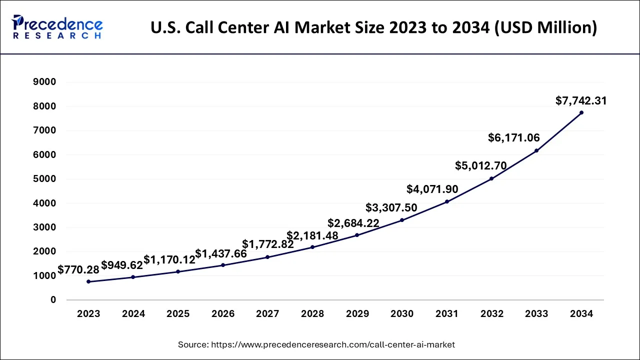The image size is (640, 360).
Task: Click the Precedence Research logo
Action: [57, 27]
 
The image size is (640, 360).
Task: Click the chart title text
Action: [373, 27]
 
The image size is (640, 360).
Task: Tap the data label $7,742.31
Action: [581, 101]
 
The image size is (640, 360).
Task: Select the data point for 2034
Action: [581, 112]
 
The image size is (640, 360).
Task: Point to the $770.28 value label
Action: [78, 270]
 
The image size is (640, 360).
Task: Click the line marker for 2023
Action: [88, 281]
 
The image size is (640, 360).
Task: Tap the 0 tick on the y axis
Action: [53, 300]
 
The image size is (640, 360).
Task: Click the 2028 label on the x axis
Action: [312, 314]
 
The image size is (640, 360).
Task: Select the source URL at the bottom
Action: [316, 344]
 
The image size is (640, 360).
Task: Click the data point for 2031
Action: [447, 201]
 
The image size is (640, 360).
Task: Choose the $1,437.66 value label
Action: [220, 254]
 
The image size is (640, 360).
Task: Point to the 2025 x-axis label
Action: [178, 314]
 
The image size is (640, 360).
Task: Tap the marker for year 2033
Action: [536, 150]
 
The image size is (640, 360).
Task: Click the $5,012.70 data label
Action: [480, 165]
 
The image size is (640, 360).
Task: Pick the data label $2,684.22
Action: [353, 223]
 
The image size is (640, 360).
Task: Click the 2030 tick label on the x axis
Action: [402, 314]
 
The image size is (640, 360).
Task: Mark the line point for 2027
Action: [267, 257]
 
